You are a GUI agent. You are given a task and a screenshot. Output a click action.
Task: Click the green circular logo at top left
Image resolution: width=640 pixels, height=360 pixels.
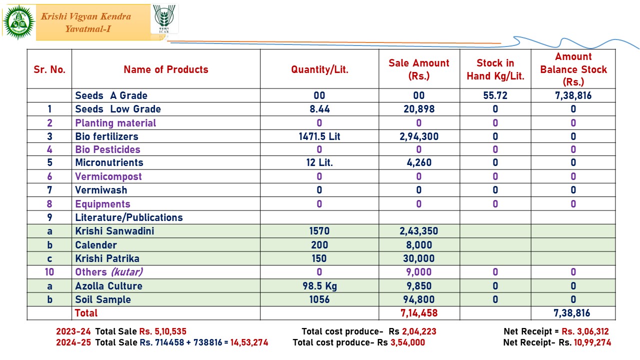19,22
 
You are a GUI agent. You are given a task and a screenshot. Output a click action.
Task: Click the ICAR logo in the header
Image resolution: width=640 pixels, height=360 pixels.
164,19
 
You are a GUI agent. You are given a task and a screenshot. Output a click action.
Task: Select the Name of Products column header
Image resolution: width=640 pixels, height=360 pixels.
166,69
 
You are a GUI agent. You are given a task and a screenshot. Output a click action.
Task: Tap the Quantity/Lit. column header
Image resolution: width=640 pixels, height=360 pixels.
319,69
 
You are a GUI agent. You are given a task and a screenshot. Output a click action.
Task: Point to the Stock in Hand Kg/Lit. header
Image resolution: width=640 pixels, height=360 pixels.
495,69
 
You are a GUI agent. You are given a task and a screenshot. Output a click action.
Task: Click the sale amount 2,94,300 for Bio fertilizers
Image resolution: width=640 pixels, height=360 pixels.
419,136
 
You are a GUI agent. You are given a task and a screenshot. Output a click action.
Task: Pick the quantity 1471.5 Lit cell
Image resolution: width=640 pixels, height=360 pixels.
319,136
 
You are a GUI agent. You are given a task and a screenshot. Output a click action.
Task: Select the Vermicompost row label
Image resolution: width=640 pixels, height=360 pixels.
108,176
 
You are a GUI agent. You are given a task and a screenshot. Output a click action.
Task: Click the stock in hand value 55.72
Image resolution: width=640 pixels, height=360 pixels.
495,95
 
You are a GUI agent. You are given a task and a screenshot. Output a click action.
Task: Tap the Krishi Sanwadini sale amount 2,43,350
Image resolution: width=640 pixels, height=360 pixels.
419,231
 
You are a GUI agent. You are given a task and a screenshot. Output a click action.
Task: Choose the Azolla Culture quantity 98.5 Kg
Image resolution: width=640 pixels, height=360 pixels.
319,286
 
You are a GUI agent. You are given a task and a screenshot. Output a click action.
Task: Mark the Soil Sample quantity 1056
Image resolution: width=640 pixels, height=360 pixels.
319,299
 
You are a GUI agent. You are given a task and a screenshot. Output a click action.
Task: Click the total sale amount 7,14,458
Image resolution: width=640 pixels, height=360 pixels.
419,313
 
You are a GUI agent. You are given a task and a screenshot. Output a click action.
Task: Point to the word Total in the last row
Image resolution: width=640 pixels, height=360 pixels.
86,313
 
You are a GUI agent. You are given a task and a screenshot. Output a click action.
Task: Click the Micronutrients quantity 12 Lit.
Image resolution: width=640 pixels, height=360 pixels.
319,162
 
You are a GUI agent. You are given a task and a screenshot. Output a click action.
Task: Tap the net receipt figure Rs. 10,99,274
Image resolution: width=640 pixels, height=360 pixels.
584,342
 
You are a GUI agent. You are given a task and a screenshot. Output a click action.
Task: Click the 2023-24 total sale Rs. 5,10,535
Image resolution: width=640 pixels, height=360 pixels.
163,331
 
